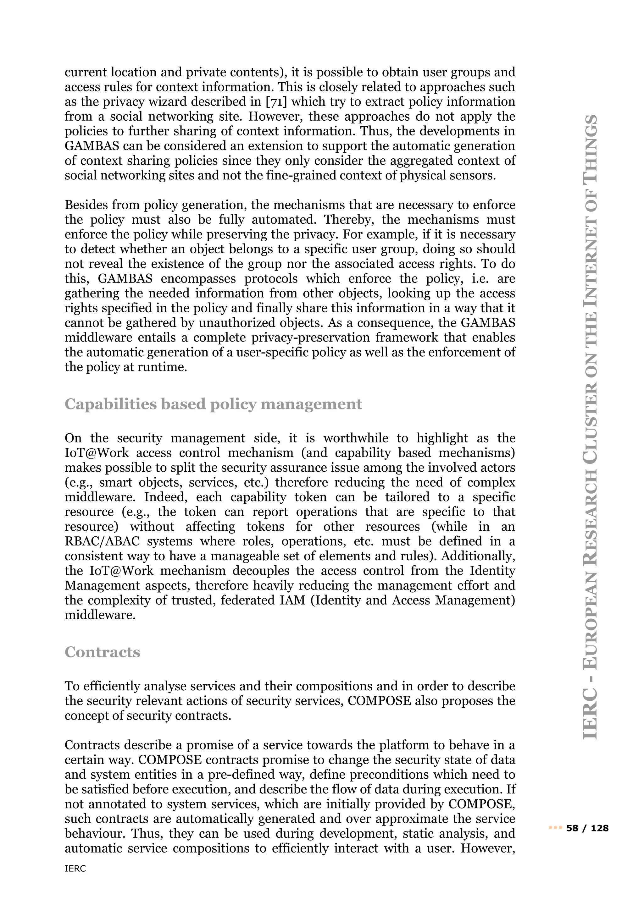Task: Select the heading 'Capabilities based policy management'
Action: point(213,404)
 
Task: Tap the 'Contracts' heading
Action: point(102,652)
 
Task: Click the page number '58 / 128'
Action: point(587,828)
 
